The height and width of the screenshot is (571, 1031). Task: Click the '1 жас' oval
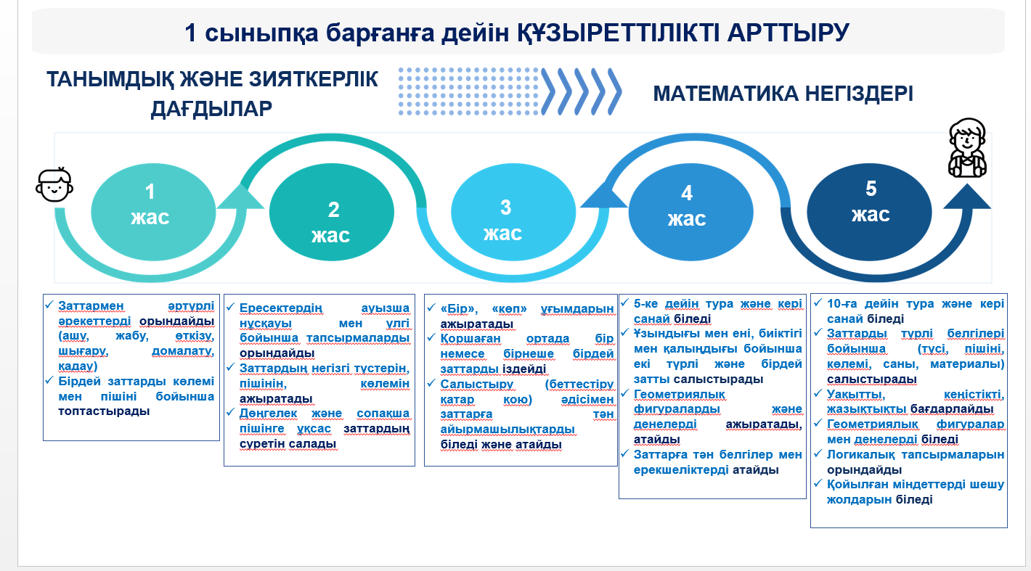click(x=153, y=212)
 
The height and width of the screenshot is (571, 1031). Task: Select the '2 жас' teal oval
click(x=331, y=212)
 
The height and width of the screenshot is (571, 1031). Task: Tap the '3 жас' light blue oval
click(x=513, y=212)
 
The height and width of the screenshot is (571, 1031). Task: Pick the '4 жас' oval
click(x=691, y=212)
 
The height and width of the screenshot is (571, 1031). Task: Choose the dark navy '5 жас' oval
click(x=869, y=212)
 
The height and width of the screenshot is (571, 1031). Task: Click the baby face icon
click(x=54, y=184)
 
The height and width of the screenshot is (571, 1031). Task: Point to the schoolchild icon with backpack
click(x=968, y=148)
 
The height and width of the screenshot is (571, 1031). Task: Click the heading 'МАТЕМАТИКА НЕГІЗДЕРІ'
click(x=783, y=94)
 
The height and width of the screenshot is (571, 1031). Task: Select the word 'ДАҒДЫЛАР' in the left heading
click(x=211, y=109)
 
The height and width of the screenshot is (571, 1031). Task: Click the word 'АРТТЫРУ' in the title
click(x=788, y=33)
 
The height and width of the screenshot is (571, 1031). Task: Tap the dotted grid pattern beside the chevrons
click(x=468, y=91)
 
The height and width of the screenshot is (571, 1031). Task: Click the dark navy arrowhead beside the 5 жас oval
click(x=967, y=197)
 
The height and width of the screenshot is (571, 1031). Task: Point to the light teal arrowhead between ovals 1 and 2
click(x=240, y=197)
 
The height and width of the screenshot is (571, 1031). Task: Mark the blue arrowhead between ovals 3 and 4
click(x=603, y=194)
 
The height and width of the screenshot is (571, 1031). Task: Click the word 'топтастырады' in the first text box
click(x=104, y=411)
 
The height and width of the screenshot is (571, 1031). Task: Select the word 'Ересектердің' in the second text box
click(x=281, y=308)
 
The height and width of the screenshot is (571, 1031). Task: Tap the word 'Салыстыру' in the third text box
click(x=476, y=384)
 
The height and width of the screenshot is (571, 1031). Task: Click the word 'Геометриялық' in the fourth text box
click(x=680, y=394)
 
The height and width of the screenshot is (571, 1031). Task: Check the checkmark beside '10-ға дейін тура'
click(x=818, y=303)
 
